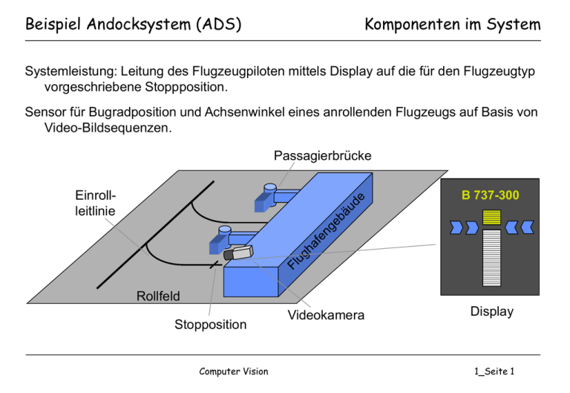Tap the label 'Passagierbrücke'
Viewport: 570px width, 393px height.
click(322, 156)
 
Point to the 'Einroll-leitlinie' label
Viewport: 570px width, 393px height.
click(95, 204)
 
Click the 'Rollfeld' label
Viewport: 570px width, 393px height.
click(158, 296)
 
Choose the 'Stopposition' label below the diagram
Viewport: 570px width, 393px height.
click(210, 325)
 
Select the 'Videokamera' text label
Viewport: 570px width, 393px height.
click(325, 316)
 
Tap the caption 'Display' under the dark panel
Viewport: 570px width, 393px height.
click(492, 311)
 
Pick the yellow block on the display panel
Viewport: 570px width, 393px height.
click(490, 217)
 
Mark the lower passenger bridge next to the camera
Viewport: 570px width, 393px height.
click(225, 237)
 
